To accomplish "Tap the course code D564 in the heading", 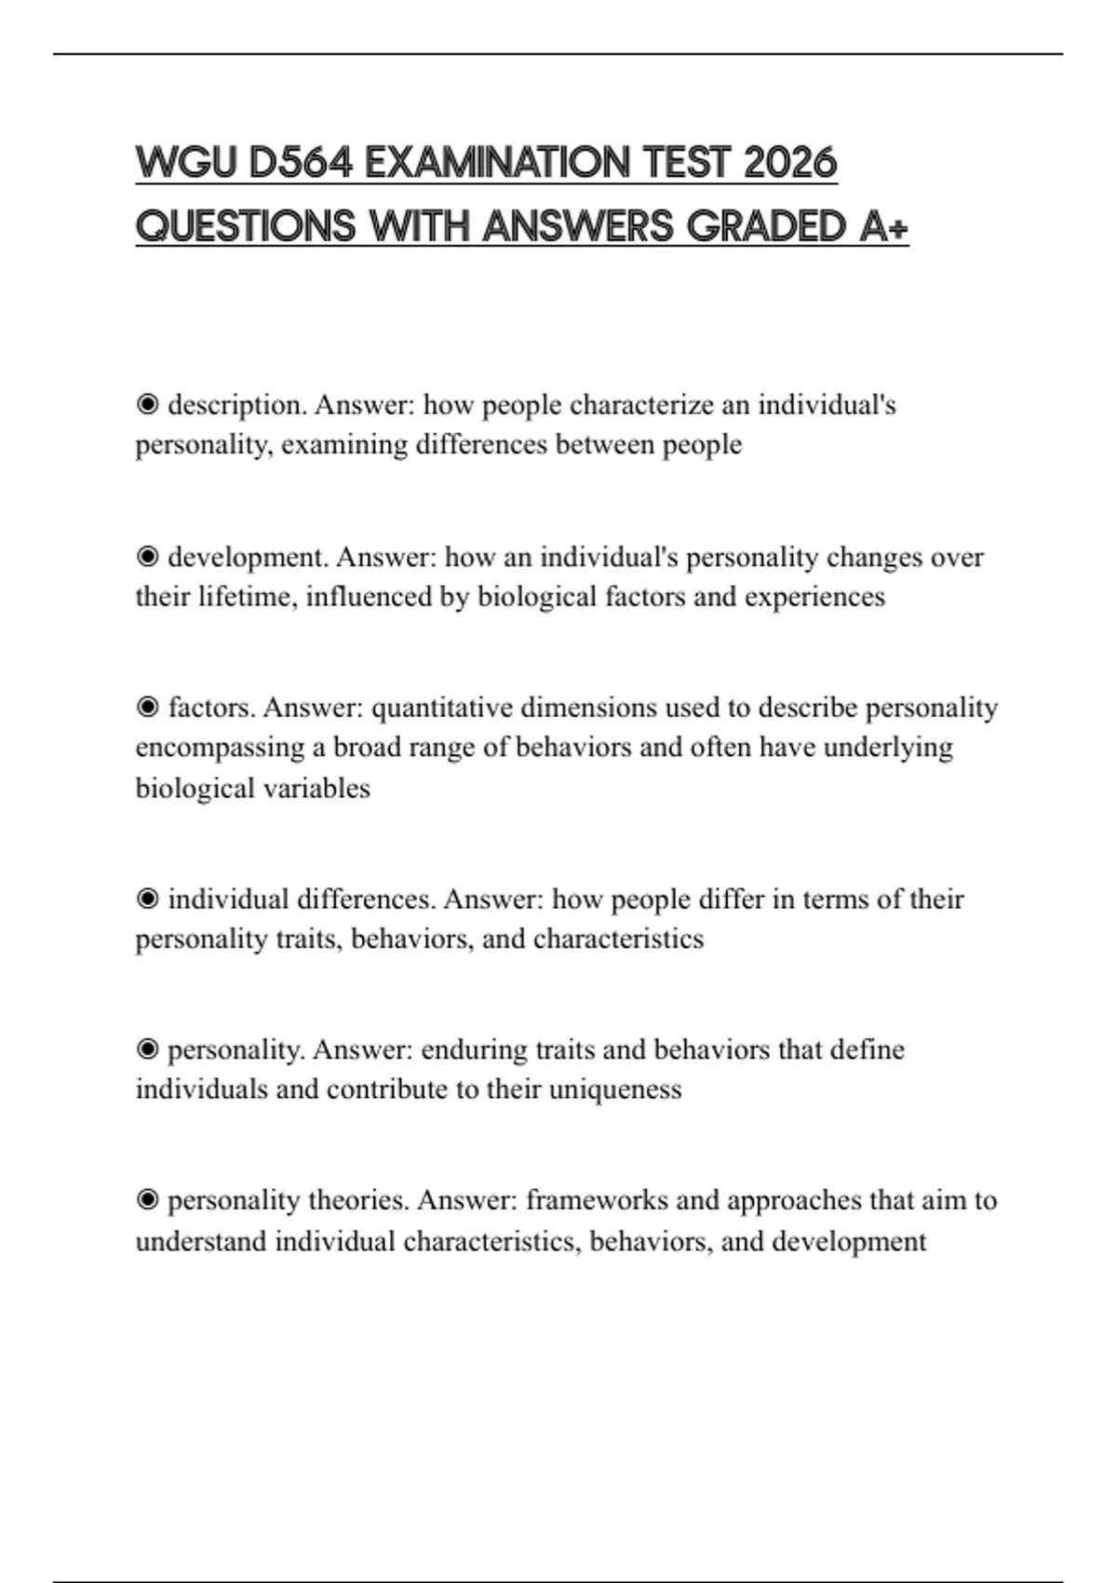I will point(300,163).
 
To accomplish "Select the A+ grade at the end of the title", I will point(882,226).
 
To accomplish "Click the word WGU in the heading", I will point(186,163).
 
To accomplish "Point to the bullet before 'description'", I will point(147,405).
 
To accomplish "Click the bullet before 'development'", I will point(147,557).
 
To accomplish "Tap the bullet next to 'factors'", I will point(147,708).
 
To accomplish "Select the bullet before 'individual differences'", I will point(147,900).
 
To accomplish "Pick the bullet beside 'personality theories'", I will point(147,1200).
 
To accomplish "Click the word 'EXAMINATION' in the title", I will point(497,163).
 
